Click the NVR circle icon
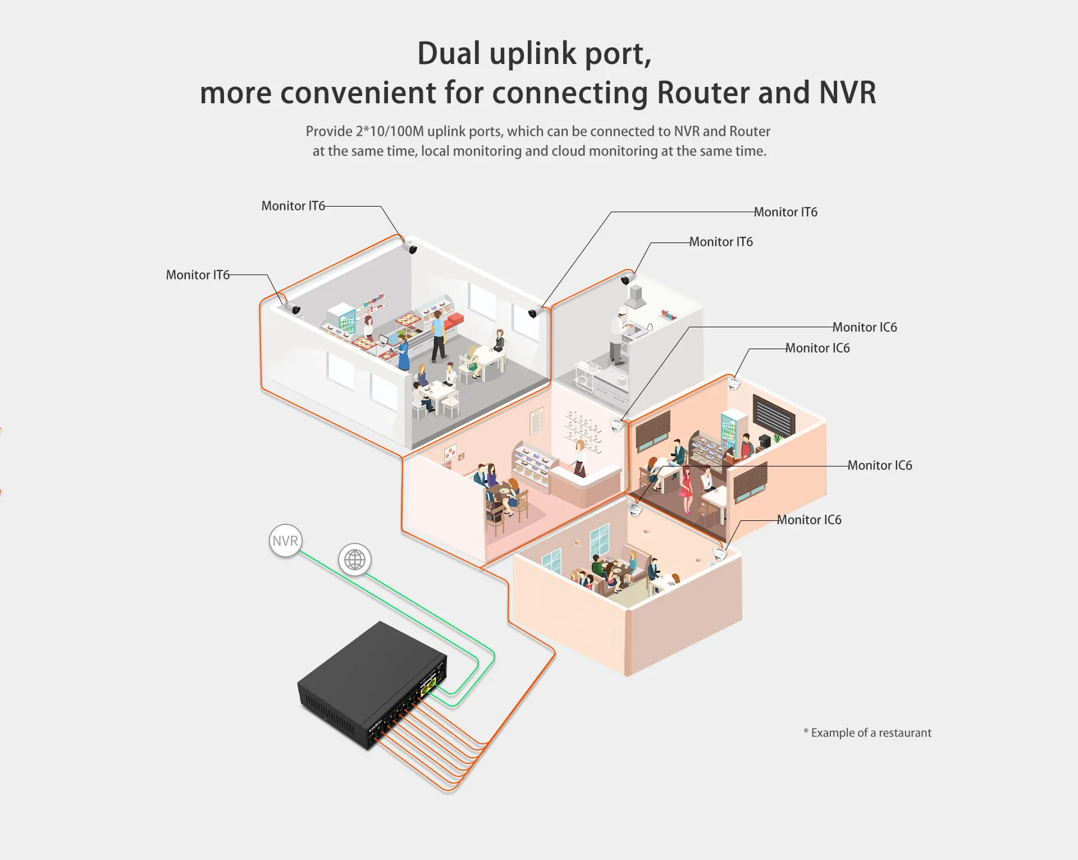point(285,541)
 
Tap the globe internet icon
point(355,560)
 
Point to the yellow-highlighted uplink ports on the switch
point(428,685)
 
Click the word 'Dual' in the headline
point(449,54)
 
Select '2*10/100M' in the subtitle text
point(390,131)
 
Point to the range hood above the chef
point(636,298)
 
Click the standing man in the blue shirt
point(438,335)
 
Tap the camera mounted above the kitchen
point(627,278)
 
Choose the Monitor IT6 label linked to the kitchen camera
point(721,242)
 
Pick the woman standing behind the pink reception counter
point(579,458)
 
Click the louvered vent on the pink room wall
point(536,421)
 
